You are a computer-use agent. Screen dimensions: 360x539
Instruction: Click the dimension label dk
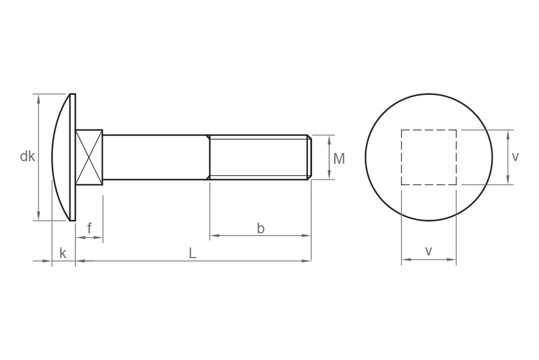tap(27, 157)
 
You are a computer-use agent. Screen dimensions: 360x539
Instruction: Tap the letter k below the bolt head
tap(63, 253)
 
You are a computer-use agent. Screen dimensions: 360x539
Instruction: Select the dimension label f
tap(89, 229)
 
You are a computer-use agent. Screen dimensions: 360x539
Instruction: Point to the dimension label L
tap(192, 253)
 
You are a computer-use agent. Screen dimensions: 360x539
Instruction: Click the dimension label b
tap(260, 229)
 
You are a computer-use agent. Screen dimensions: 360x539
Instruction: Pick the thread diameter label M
tap(339, 158)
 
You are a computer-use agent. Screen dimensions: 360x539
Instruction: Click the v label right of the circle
tap(515, 157)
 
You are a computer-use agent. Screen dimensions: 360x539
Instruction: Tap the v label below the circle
tap(429, 251)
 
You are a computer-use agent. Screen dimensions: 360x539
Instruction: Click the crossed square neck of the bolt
tap(89, 157)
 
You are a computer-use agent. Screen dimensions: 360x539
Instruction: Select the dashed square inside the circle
tap(429, 157)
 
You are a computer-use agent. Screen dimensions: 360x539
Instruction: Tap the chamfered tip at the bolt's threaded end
tap(309, 157)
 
